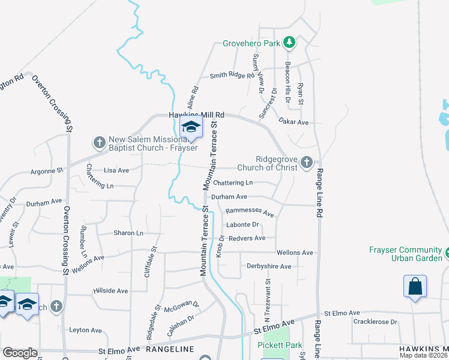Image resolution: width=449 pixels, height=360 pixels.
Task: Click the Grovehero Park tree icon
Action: (290, 42)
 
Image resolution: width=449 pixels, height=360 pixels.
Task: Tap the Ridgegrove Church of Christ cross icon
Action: (307, 161)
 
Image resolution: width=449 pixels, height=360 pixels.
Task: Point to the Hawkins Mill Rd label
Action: (196, 114)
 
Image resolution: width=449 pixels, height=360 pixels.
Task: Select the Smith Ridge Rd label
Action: (232, 76)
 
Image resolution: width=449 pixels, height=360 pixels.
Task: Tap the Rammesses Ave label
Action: (249, 212)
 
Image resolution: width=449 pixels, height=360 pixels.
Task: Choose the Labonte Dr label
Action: (243, 225)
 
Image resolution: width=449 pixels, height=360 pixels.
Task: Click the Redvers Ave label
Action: (246, 238)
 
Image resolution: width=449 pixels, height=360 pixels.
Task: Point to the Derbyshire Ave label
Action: (269, 266)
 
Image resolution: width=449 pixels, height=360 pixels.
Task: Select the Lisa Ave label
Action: (116, 170)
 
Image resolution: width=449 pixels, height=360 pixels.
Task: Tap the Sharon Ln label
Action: (128, 233)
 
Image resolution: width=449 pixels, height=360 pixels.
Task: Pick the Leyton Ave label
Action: (85, 330)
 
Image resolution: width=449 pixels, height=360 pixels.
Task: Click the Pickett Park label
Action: (279, 345)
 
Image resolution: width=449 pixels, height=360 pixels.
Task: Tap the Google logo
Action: (20, 353)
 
